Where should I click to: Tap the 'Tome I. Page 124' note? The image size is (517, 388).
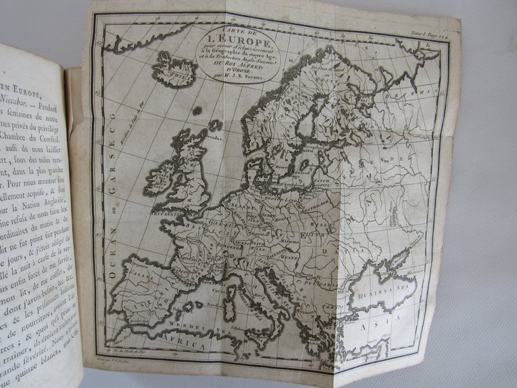pos(427,32)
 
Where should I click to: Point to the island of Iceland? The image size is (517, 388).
pos(174,69)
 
